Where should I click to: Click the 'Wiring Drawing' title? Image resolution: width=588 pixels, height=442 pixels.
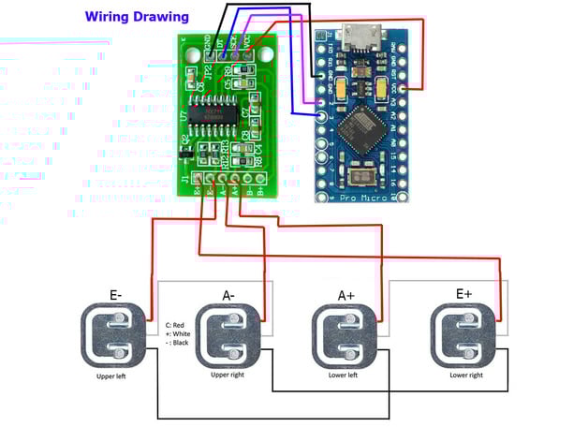pos(137,17)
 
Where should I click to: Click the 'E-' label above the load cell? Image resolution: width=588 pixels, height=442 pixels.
pos(116,295)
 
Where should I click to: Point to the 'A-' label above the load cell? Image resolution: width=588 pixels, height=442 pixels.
pos(230,296)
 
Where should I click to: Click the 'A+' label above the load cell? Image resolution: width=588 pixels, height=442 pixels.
pos(345,296)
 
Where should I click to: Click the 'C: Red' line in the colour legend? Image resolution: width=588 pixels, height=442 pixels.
pos(177,322)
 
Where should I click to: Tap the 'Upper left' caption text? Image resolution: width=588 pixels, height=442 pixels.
pos(117,376)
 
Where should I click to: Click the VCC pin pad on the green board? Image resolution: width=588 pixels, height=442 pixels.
pos(247,54)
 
